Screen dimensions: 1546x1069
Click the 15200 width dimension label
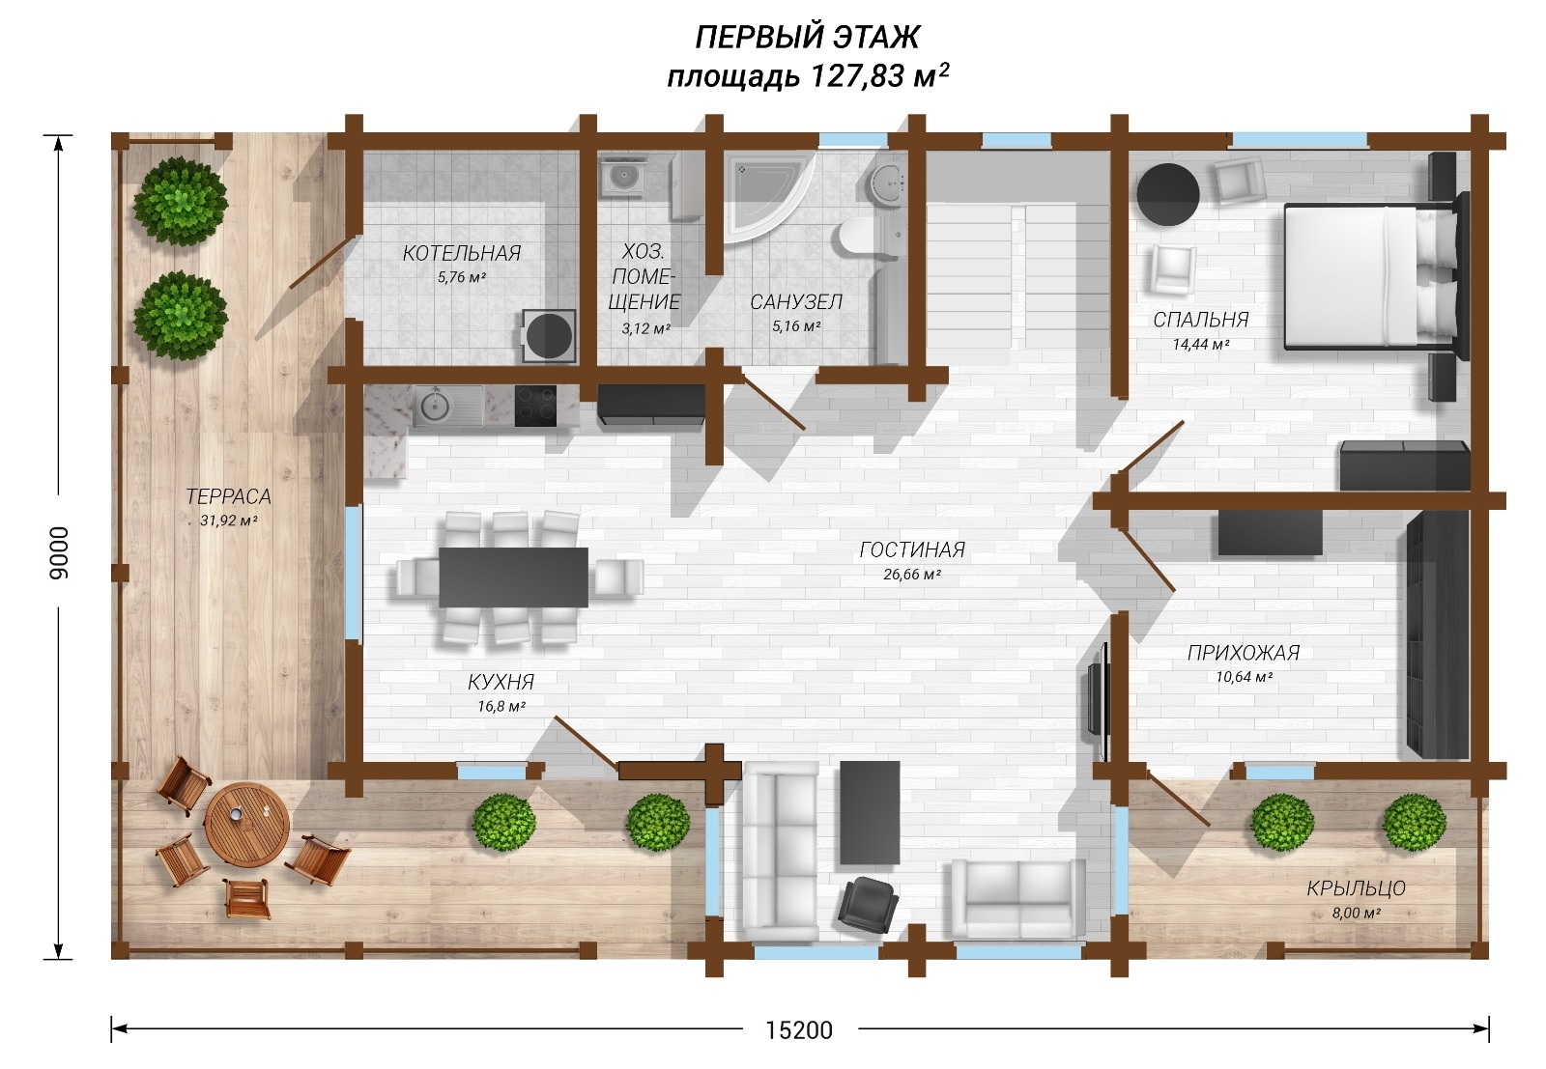[799, 1030]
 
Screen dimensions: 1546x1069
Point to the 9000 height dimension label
[60, 552]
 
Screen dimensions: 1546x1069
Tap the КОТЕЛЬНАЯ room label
[462, 253]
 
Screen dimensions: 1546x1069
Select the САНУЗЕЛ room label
[796, 302]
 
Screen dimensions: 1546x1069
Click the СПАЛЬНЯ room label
[1201, 320]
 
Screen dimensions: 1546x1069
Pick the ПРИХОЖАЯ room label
[1244, 653]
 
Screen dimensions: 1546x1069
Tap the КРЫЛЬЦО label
[1357, 888]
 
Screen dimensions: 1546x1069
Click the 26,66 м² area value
[912, 574]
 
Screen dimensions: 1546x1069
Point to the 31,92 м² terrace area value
[229, 520]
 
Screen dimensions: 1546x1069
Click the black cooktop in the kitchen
[535, 406]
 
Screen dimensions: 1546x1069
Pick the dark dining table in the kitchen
[513, 577]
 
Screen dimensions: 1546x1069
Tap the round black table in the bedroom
[1168, 194]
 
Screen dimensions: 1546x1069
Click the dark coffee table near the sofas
[870, 812]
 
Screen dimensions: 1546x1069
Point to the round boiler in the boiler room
[550, 336]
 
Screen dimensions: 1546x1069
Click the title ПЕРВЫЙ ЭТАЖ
[807, 38]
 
